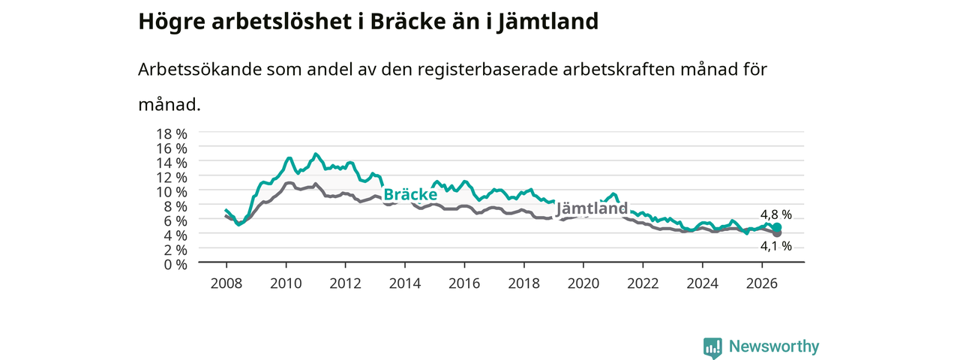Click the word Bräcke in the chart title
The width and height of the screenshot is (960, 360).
(408, 22)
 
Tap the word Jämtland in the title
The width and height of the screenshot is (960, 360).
(548, 22)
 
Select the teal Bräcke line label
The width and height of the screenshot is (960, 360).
(410, 194)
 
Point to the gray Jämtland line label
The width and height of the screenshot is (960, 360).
(592, 208)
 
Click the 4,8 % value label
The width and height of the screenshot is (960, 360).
(775, 214)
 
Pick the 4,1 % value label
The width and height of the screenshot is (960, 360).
(775, 246)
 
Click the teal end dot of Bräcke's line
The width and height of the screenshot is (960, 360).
(777, 227)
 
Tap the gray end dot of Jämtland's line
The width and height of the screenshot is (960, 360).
(777, 233)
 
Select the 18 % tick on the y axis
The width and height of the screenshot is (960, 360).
(172, 134)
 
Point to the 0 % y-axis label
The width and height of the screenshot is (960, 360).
(175, 265)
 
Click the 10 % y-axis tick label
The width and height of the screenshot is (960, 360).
(172, 192)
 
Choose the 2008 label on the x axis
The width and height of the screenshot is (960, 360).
(226, 283)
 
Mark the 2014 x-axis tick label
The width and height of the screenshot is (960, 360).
(404, 283)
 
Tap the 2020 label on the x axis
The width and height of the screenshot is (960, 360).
(583, 283)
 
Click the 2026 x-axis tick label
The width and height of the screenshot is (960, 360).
(762, 283)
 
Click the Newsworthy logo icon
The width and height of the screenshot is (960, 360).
(712, 348)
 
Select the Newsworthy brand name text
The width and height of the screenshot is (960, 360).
(774, 346)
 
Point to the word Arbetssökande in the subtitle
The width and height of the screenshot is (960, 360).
(199, 69)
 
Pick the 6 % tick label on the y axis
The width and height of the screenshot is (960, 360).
(175, 221)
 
